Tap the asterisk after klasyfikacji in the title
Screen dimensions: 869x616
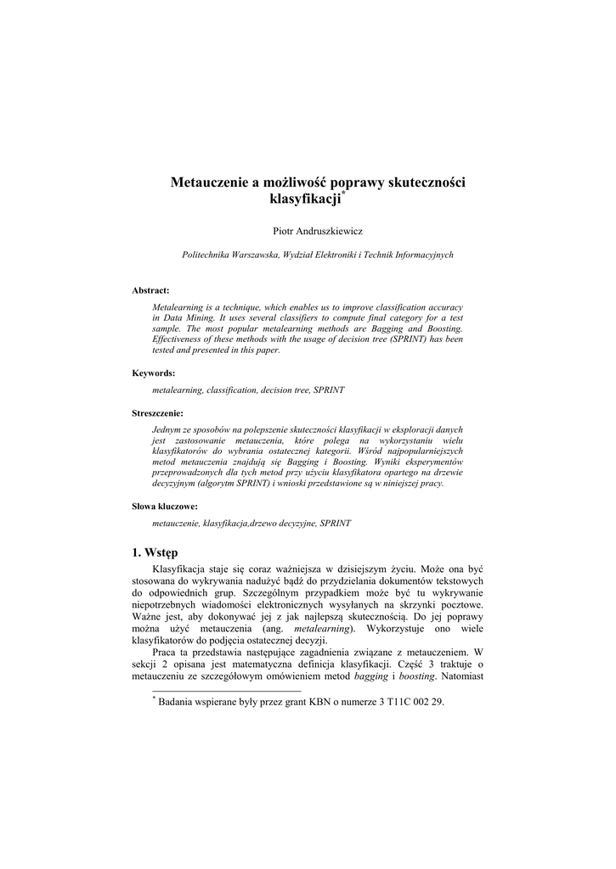pyautogui.click(x=343, y=195)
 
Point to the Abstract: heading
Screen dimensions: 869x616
pyautogui.click(x=150, y=290)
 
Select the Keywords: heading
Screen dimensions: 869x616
pyautogui.click(x=153, y=373)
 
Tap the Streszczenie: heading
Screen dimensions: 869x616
pyautogui.click(x=157, y=413)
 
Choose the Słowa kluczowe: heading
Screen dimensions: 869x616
pyautogui.click(x=165, y=507)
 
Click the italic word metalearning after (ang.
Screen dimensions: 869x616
pyautogui.click(x=322, y=629)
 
